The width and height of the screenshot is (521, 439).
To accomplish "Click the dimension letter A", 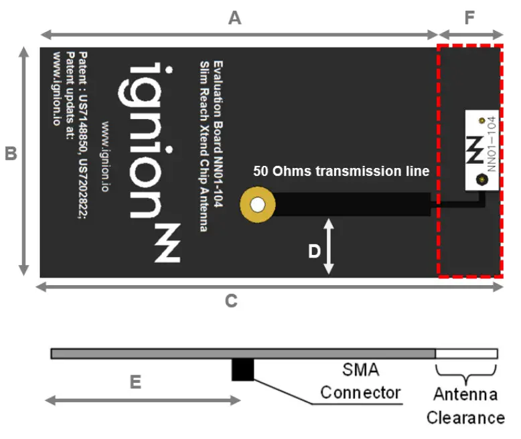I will (234, 18).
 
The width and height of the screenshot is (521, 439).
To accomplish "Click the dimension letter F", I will (469, 18).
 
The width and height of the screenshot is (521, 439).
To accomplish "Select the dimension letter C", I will (231, 301).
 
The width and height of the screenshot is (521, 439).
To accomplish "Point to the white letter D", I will (314, 251).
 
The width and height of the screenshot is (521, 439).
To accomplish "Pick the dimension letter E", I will (135, 382).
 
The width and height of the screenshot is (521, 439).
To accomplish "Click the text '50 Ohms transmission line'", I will (341, 171).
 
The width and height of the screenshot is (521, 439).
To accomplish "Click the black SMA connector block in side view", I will (242, 369).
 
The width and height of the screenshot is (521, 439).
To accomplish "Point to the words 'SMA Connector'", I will (359, 381).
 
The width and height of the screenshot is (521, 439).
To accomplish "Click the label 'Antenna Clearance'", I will (465, 406).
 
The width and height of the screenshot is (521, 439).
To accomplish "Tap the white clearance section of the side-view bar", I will (466, 353).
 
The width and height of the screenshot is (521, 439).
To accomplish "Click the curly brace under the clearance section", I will (466, 370).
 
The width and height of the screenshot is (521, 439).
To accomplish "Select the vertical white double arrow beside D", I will (329, 246).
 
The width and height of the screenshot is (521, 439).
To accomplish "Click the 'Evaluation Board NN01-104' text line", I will (218, 134).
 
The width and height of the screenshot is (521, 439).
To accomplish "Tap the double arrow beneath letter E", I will (142, 400).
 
